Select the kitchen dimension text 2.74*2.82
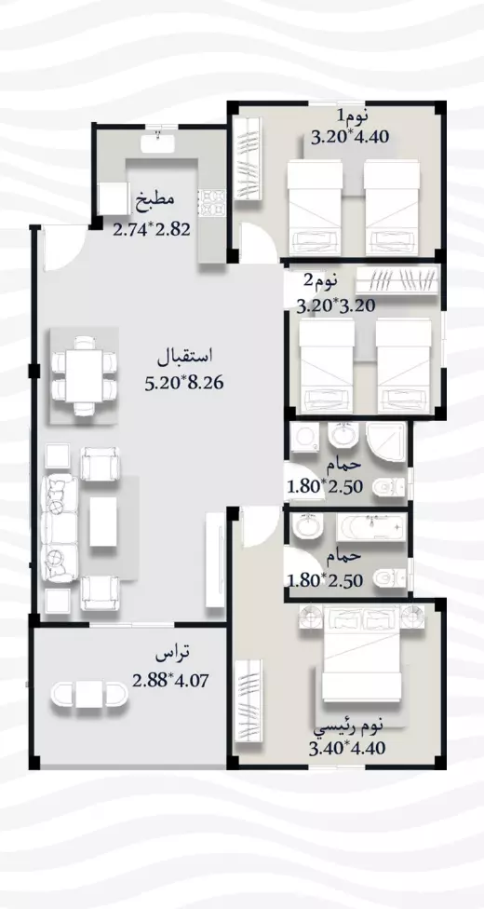(x=152, y=227)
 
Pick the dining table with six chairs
(x=85, y=375)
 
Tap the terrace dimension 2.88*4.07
(x=168, y=679)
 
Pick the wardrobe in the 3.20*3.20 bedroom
(x=397, y=279)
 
